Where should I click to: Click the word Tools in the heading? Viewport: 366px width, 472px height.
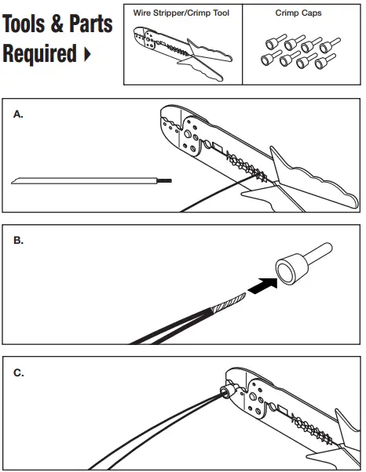(31, 24)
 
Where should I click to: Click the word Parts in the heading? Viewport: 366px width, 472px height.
(90, 24)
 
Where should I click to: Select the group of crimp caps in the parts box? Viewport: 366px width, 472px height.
(298, 52)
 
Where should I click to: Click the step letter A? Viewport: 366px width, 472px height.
(18, 114)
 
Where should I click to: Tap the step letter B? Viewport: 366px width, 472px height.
(18, 241)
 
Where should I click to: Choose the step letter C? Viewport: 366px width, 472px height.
(18, 373)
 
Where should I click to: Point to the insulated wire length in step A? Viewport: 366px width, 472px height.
(86, 181)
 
